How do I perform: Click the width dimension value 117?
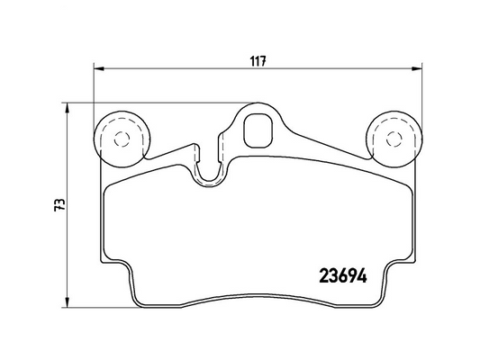coord(258,61)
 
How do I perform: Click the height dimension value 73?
coord(59,204)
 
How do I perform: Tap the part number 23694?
coord(343,276)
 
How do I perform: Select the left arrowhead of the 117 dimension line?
coord(99,68)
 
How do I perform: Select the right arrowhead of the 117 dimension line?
coord(417,68)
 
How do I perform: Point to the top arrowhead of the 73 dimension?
coord(67,109)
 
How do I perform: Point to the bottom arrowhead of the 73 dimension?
coord(67,301)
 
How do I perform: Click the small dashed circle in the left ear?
coord(122,139)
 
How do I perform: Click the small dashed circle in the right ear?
coord(394,139)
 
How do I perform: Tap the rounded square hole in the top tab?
coord(258,130)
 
